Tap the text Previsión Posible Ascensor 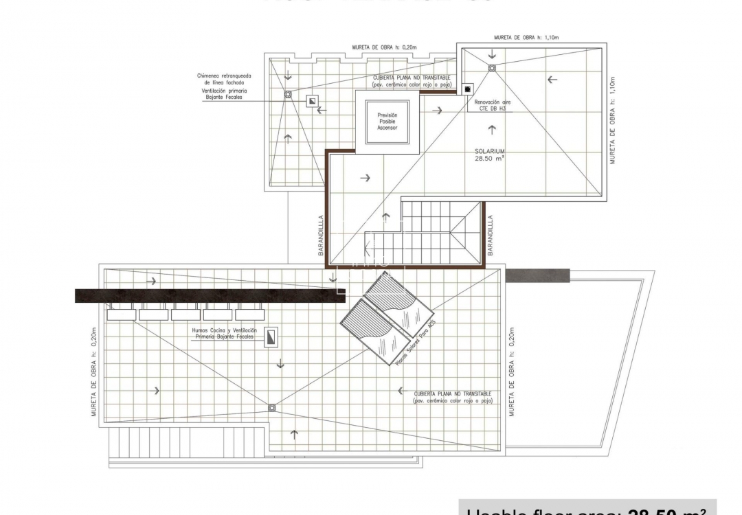387,121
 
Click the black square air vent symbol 468,89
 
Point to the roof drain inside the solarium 492,67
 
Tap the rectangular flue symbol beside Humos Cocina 272,336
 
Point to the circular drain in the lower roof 272,407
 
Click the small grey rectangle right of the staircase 537,275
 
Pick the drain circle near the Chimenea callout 288,94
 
